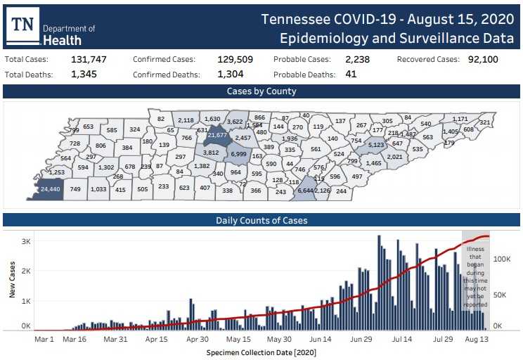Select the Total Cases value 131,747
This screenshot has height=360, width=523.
coord(89,60)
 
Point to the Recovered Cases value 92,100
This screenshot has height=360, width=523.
coord(483,60)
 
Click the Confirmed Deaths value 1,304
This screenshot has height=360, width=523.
coord(229,74)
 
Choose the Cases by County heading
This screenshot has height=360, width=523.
coord(261,91)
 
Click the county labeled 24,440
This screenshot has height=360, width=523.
coord(50,189)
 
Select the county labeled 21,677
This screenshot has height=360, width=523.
coord(219,134)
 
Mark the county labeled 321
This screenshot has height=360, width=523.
coord(484,122)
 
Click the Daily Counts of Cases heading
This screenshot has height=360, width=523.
coord(261,220)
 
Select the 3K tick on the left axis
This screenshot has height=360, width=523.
coord(25,241)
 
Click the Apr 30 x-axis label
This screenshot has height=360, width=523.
coord(198,339)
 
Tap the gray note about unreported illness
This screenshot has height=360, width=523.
coord(475,274)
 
